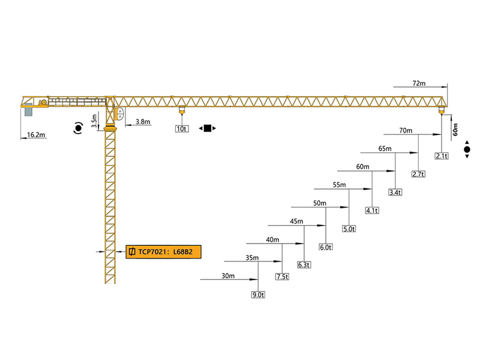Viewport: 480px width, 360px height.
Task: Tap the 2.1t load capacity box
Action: (x=442, y=156)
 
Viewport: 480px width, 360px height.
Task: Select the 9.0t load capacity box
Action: (x=258, y=295)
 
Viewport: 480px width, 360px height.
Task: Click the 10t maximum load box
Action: (x=182, y=128)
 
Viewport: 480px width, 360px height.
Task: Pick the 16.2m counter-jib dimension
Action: (x=37, y=135)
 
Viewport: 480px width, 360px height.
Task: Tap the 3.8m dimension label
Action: (x=143, y=122)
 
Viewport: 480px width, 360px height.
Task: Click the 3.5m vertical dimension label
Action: (x=94, y=122)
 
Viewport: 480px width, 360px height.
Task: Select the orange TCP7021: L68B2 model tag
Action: (x=163, y=251)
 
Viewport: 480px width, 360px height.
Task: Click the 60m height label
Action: (x=455, y=127)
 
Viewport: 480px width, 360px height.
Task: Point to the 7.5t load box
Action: (x=282, y=277)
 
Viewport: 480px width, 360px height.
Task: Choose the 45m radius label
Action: (x=296, y=221)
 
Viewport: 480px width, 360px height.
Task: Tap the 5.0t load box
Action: (x=349, y=229)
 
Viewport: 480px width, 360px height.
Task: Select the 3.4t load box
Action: (x=395, y=193)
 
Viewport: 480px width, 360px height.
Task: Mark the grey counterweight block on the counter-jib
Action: (x=28, y=111)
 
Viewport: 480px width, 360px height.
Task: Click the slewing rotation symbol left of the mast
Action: (x=78, y=128)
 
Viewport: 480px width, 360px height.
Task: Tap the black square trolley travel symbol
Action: (x=208, y=128)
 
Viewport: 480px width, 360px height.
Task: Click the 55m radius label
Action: (x=340, y=185)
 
